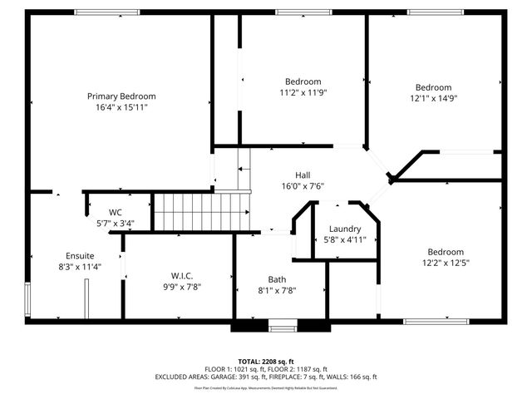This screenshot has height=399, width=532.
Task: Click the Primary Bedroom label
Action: coord(121,96)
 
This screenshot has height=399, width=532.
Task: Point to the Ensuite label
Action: coord(80,255)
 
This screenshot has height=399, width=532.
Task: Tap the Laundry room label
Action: coord(344,229)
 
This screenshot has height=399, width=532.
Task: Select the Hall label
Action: coord(303,175)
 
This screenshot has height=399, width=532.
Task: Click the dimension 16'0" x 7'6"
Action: coord(303,186)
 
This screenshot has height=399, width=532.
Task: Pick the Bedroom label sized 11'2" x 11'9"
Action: coord(303,81)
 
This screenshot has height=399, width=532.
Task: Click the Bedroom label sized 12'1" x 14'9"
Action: coord(433,87)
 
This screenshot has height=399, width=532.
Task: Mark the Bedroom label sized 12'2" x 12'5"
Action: coord(445,252)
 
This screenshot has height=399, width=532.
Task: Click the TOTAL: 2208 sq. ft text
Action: coord(266,361)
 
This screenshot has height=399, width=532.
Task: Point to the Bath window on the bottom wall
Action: coord(283,328)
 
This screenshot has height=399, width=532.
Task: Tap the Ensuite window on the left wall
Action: coord(27,298)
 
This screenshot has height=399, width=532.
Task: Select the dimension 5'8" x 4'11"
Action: coord(344,239)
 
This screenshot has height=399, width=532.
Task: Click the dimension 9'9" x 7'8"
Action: coord(181,287)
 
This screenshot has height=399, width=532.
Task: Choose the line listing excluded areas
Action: coord(266,377)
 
